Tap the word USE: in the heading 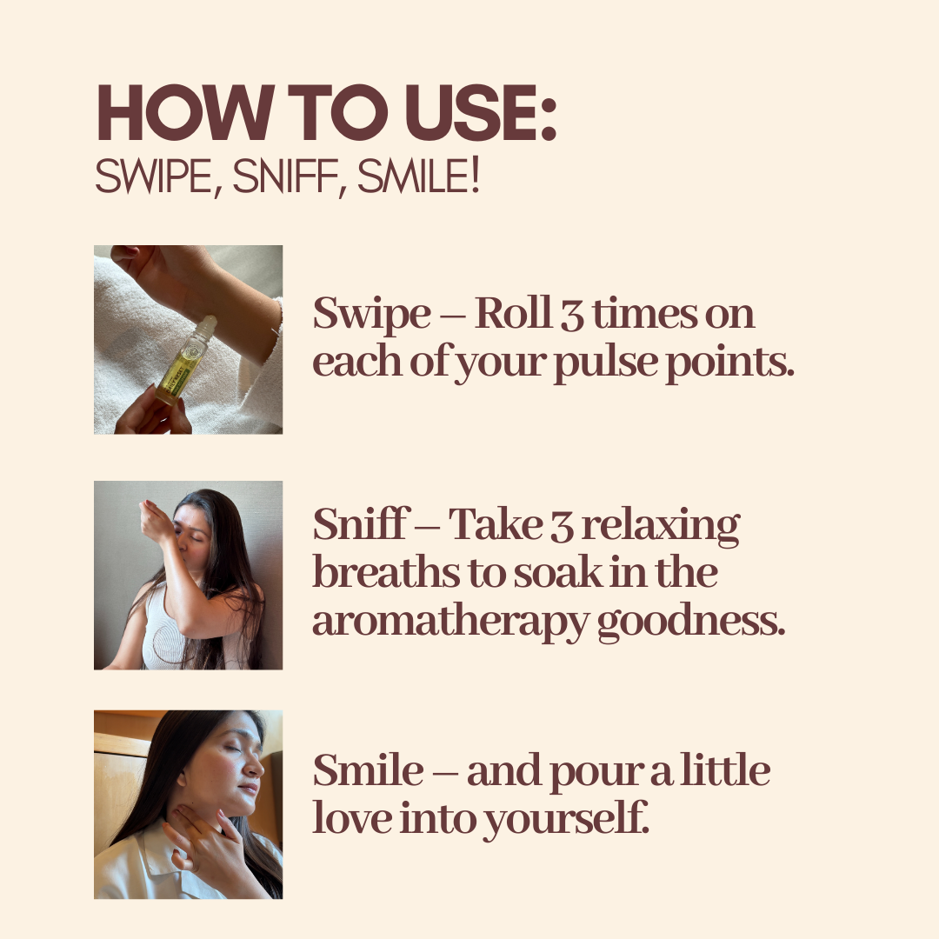click(481, 112)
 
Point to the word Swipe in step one click(371, 314)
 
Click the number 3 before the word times click(572, 315)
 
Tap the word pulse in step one click(605, 363)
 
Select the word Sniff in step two click(362, 523)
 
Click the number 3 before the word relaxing click(561, 525)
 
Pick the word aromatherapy click(451, 623)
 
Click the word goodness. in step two click(691, 623)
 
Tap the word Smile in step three click(368, 770)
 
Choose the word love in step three click(352, 818)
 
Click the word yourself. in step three click(565, 819)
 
